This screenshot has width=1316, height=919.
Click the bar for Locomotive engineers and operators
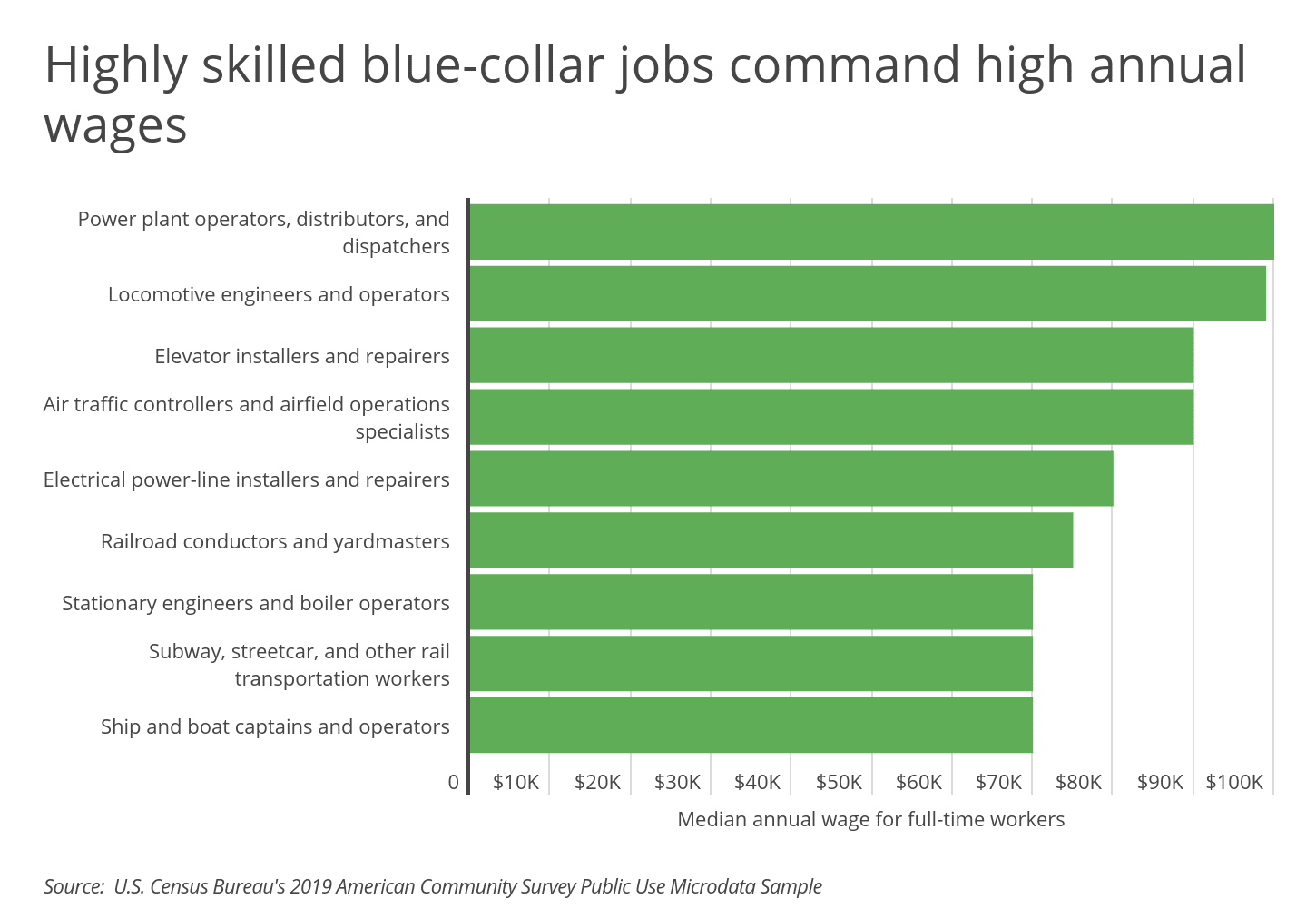tap(867, 293)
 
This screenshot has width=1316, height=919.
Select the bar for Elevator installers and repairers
tap(830, 355)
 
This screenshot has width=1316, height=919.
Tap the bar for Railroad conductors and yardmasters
tap(771, 540)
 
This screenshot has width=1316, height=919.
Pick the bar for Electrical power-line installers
tap(791, 479)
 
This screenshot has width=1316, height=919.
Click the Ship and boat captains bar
tap(751, 726)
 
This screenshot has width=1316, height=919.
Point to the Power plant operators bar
tap(871, 232)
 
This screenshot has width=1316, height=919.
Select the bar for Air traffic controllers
tap(830, 417)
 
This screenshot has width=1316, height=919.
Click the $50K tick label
tap(839, 782)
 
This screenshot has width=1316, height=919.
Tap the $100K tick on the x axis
tap(1234, 782)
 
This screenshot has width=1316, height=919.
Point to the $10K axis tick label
tap(516, 782)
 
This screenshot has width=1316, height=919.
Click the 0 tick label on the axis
tap(454, 782)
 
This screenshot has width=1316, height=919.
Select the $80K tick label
tap(1078, 782)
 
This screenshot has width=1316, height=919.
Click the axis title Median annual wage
tap(870, 819)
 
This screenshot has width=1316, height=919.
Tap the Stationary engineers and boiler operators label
tap(256, 603)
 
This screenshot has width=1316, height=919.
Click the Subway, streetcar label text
tap(300, 665)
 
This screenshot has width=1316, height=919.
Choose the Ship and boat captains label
tap(275, 726)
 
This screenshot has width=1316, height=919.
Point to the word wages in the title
tap(115, 125)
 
